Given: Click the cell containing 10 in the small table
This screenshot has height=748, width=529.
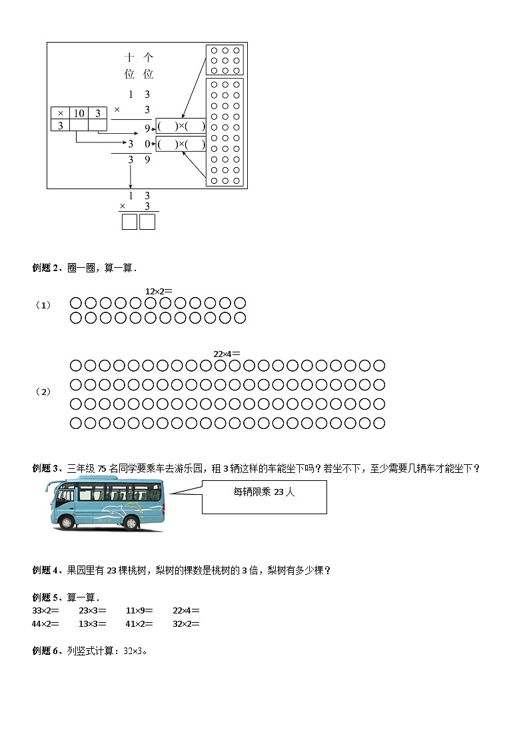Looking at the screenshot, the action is point(79,113).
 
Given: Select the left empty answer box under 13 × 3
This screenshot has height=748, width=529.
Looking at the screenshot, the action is point(129,221).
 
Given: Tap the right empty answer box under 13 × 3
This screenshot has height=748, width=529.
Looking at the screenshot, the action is point(147,221).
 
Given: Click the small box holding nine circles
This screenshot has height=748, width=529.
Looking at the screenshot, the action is point(225,60).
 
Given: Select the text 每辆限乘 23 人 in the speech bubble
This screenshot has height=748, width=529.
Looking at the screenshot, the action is point(264,492).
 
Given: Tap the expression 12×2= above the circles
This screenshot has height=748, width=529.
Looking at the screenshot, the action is point(159,290).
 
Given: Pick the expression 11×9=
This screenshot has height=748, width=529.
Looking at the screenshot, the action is point(139,610).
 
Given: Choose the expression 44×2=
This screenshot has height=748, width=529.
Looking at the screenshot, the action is point(45,623).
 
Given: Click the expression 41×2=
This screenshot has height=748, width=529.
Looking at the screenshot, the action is point(139,623).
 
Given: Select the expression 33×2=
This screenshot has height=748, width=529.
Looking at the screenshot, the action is point(45,610).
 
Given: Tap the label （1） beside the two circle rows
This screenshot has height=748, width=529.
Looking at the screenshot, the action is point(43,305).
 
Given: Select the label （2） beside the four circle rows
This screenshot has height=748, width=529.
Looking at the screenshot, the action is point(43,392).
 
